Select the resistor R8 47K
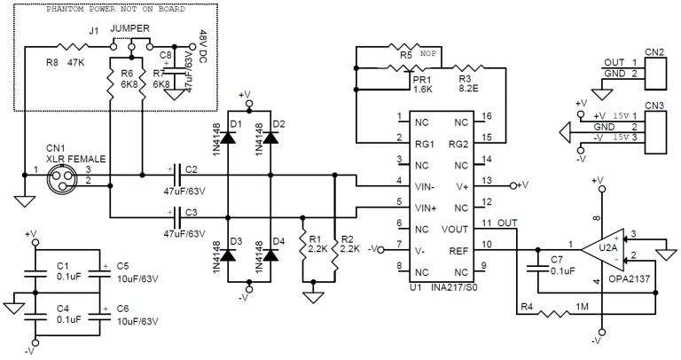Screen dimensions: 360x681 (x=69, y=47)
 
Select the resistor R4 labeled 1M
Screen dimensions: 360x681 (x=559, y=313)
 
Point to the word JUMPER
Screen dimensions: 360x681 (x=131, y=28)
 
